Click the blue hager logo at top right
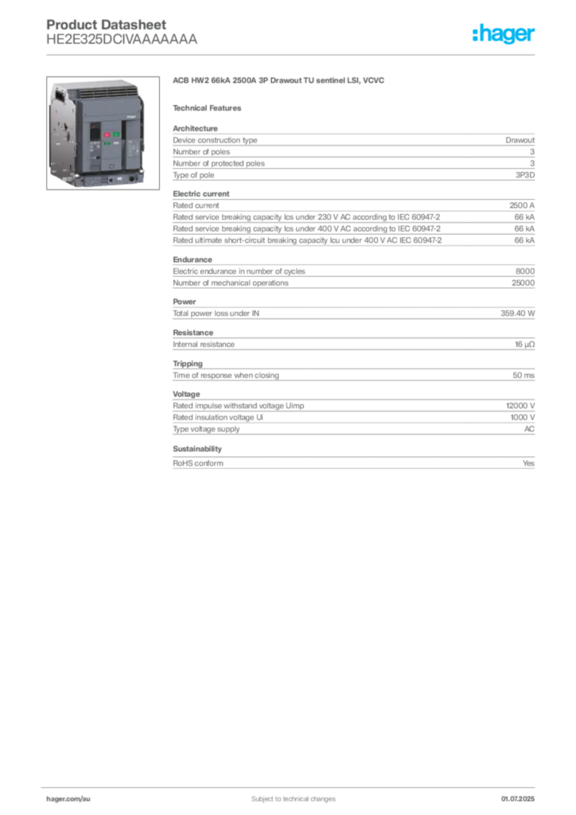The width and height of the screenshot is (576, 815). (505, 34)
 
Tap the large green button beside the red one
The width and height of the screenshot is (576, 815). (116, 135)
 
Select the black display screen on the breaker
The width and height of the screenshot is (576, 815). (93, 135)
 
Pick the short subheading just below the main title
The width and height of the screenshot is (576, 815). (210, 107)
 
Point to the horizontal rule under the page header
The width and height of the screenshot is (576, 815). (293, 54)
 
